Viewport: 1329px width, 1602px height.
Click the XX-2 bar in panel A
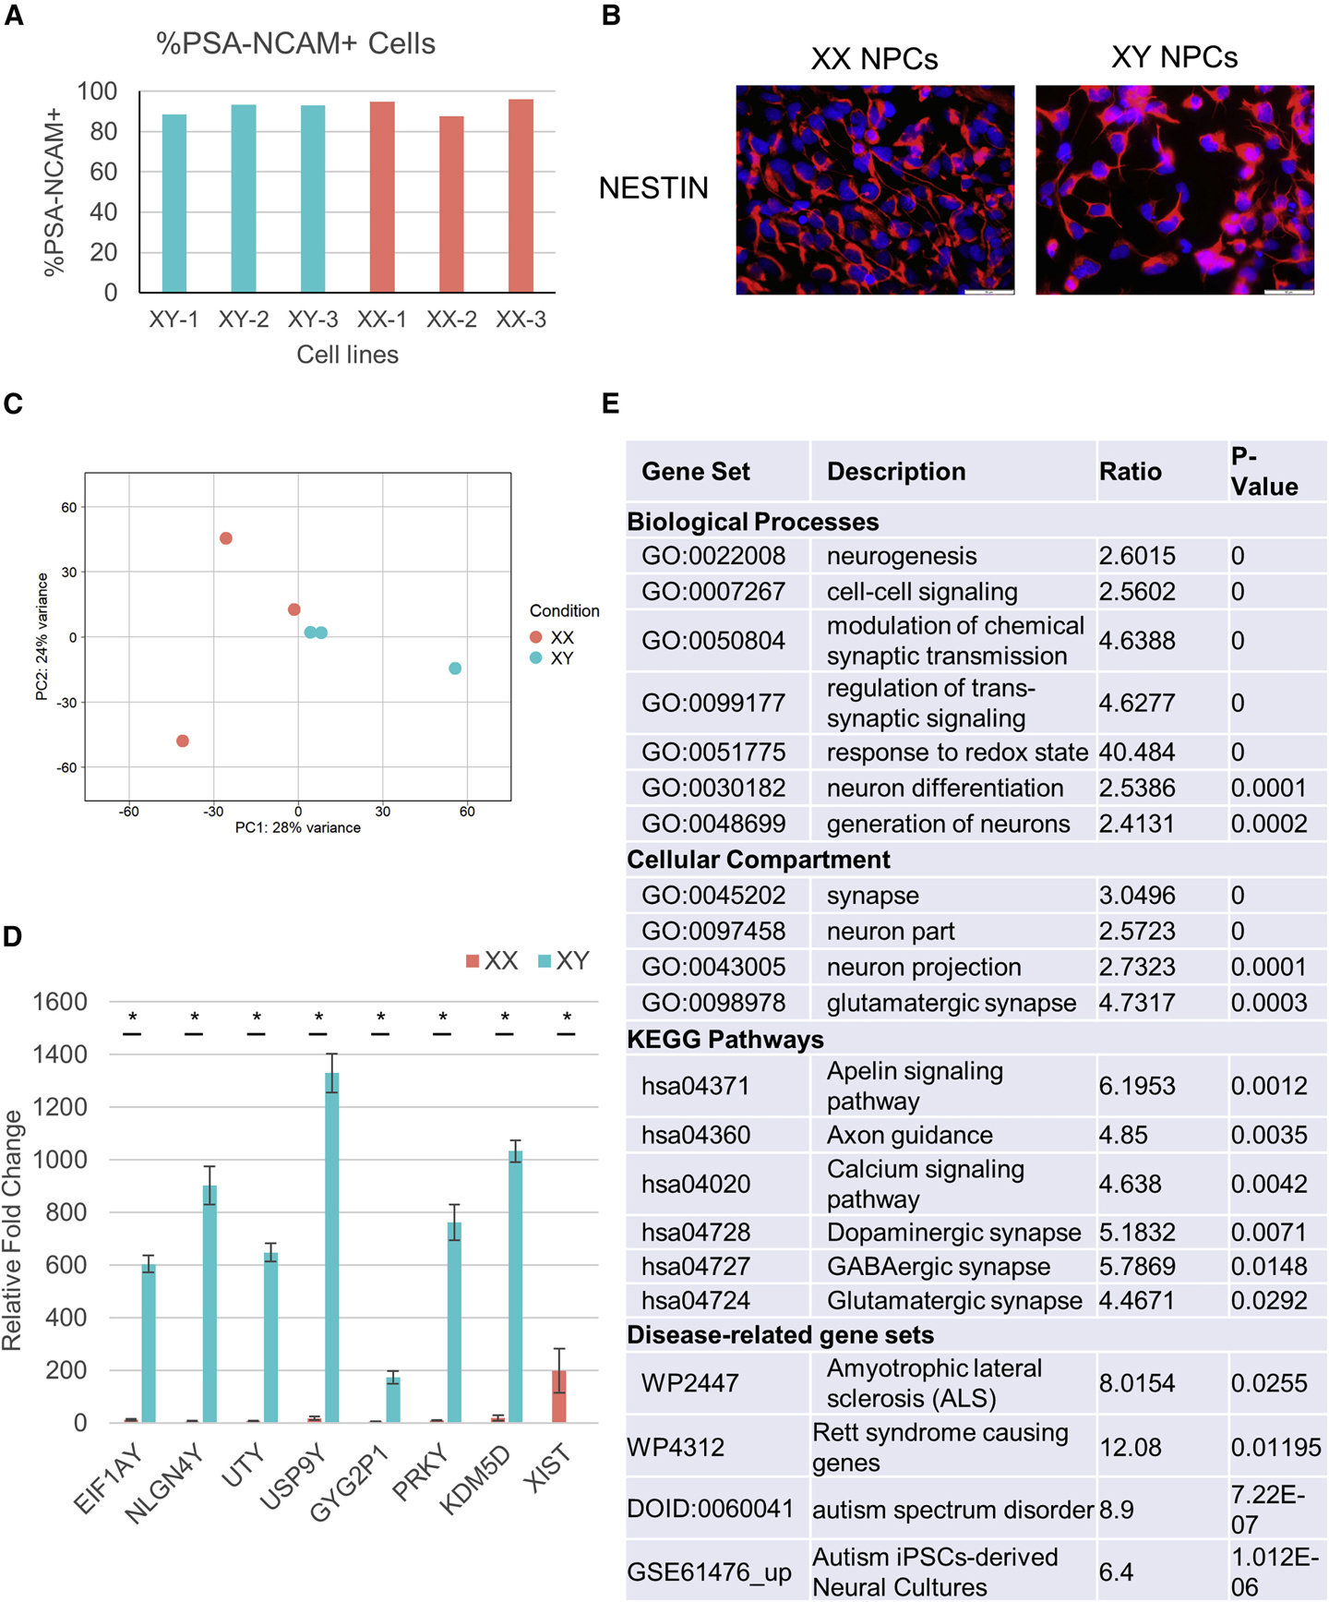[451, 204]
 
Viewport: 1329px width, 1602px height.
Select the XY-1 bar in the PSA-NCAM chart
[174, 203]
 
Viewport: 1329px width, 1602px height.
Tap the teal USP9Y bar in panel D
[331, 1247]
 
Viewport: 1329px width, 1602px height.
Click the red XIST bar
[559, 1396]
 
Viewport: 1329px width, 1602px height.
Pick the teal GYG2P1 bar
[393, 1400]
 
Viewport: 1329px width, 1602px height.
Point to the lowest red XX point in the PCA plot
[183, 741]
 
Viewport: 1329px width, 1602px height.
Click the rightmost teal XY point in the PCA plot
[455, 668]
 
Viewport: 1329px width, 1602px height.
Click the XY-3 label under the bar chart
[313, 319]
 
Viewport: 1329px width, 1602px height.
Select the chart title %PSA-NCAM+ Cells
[295, 43]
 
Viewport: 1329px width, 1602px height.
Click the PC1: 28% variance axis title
[298, 827]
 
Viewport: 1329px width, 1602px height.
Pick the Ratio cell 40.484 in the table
[1136, 753]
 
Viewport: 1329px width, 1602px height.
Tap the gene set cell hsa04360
[696, 1135]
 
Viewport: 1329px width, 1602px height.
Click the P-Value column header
[1264, 471]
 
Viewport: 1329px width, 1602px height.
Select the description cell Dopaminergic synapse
[953, 1233]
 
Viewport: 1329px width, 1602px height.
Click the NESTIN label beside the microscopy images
[653, 188]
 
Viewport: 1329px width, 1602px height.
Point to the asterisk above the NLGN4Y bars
[195, 1017]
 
